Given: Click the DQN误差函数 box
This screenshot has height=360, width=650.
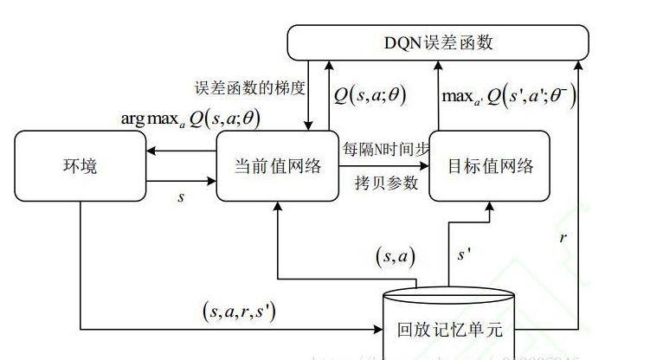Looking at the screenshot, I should (x=438, y=42).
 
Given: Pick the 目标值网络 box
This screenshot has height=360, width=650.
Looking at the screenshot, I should (x=489, y=166).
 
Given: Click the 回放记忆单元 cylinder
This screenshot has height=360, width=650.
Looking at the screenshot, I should (x=448, y=327).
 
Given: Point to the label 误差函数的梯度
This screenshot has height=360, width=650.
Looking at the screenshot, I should (x=250, y=88).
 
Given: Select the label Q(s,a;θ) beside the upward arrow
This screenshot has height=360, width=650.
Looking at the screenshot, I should (x=370, y=94).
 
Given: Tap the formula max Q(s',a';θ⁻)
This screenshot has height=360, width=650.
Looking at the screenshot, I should (x=509, y=94).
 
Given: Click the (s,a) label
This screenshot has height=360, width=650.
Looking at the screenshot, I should (x=394, y=255).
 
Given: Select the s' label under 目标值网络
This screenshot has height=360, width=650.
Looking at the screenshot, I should (x=463, y=256).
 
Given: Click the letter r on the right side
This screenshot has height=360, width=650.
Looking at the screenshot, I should (x=563, y=235).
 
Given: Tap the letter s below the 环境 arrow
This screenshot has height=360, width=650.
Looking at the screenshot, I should (x=181, y=197).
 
